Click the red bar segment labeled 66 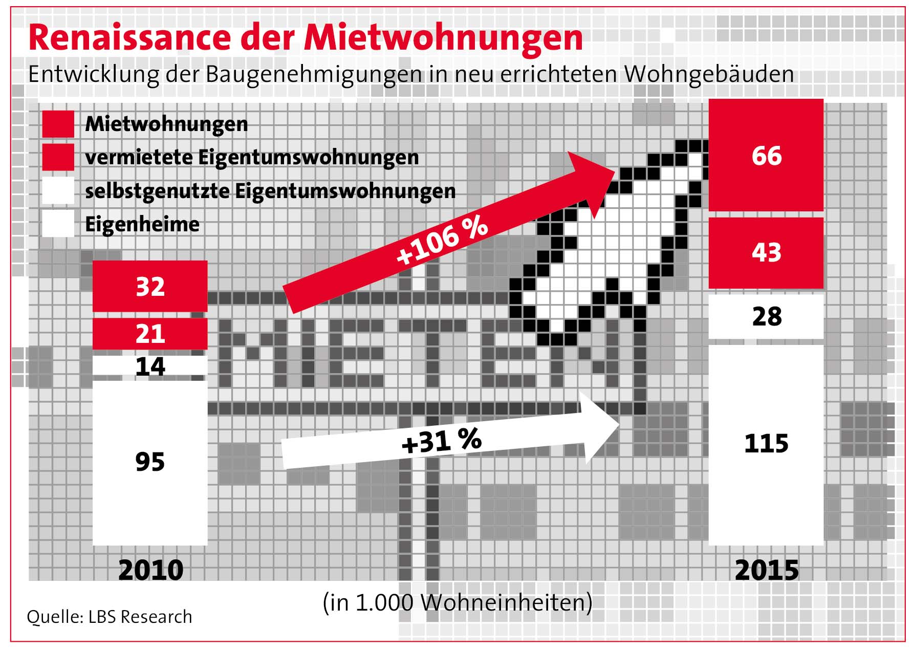[766, 155]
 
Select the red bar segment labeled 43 [766, 252]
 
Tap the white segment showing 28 [766, 316]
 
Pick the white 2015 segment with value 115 [766, 443]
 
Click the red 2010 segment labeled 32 [150, 286]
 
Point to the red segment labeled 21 [150, 334]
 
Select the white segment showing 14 [150, 366]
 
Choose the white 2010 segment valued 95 [150, 462]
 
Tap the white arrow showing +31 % [440, 441]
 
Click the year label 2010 [150, 570]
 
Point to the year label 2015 [766, 570]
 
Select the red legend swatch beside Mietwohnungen [58, 124]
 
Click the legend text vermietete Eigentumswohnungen [252, 157]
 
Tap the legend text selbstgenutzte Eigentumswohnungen [270, 191]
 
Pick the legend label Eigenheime [142, 224]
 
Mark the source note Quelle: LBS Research [110, 617]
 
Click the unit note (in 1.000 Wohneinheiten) [458, 602]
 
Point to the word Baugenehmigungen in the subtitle [315, 74]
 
